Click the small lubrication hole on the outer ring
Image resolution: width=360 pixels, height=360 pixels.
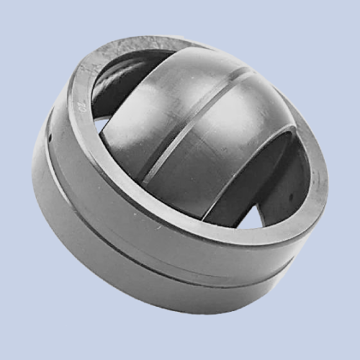[51, 135]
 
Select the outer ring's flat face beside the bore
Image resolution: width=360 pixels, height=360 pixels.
[317, 202]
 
